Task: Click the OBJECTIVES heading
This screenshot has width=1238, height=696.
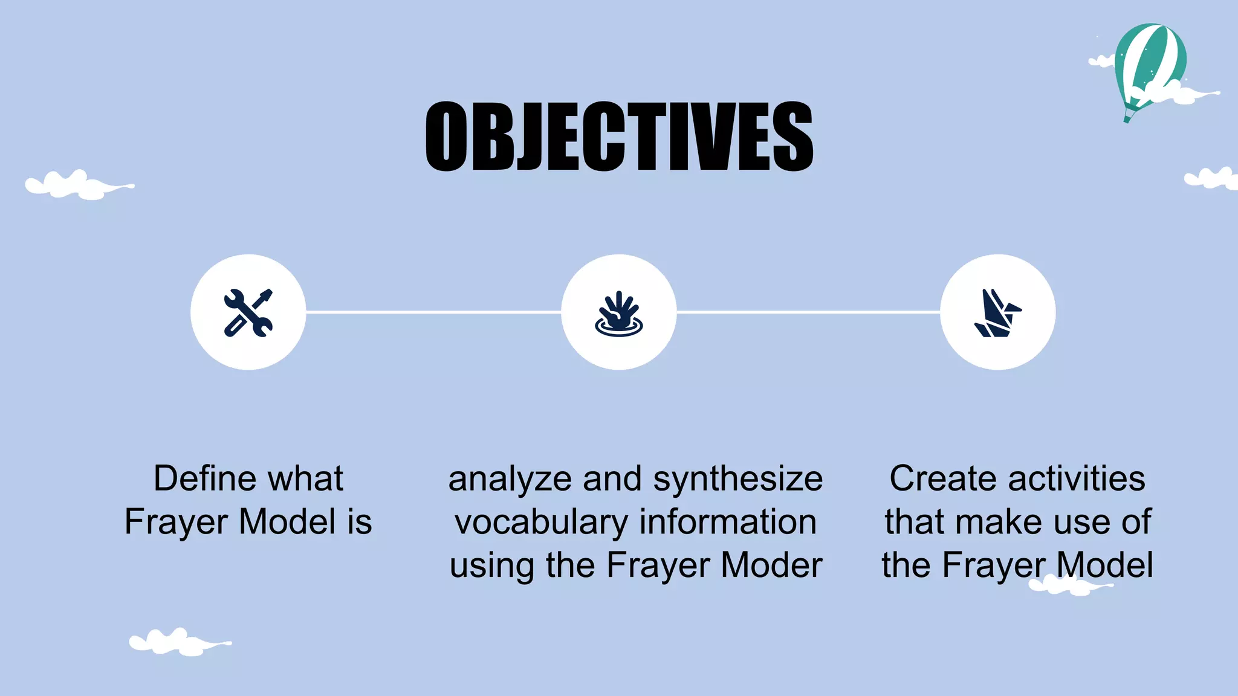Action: click(x=619, y=136)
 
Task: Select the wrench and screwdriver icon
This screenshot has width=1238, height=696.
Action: click(x=248, y=312)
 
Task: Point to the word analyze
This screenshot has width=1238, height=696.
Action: click(x=510, y=480)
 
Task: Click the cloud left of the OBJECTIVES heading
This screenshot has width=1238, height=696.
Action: click(x=79, y=185)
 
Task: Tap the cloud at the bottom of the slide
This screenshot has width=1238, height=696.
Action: click(x=178, y=642)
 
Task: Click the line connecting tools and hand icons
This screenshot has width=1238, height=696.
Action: click(x=433, y=312)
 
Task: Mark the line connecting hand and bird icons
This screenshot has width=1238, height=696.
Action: click(x=808, y=312)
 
